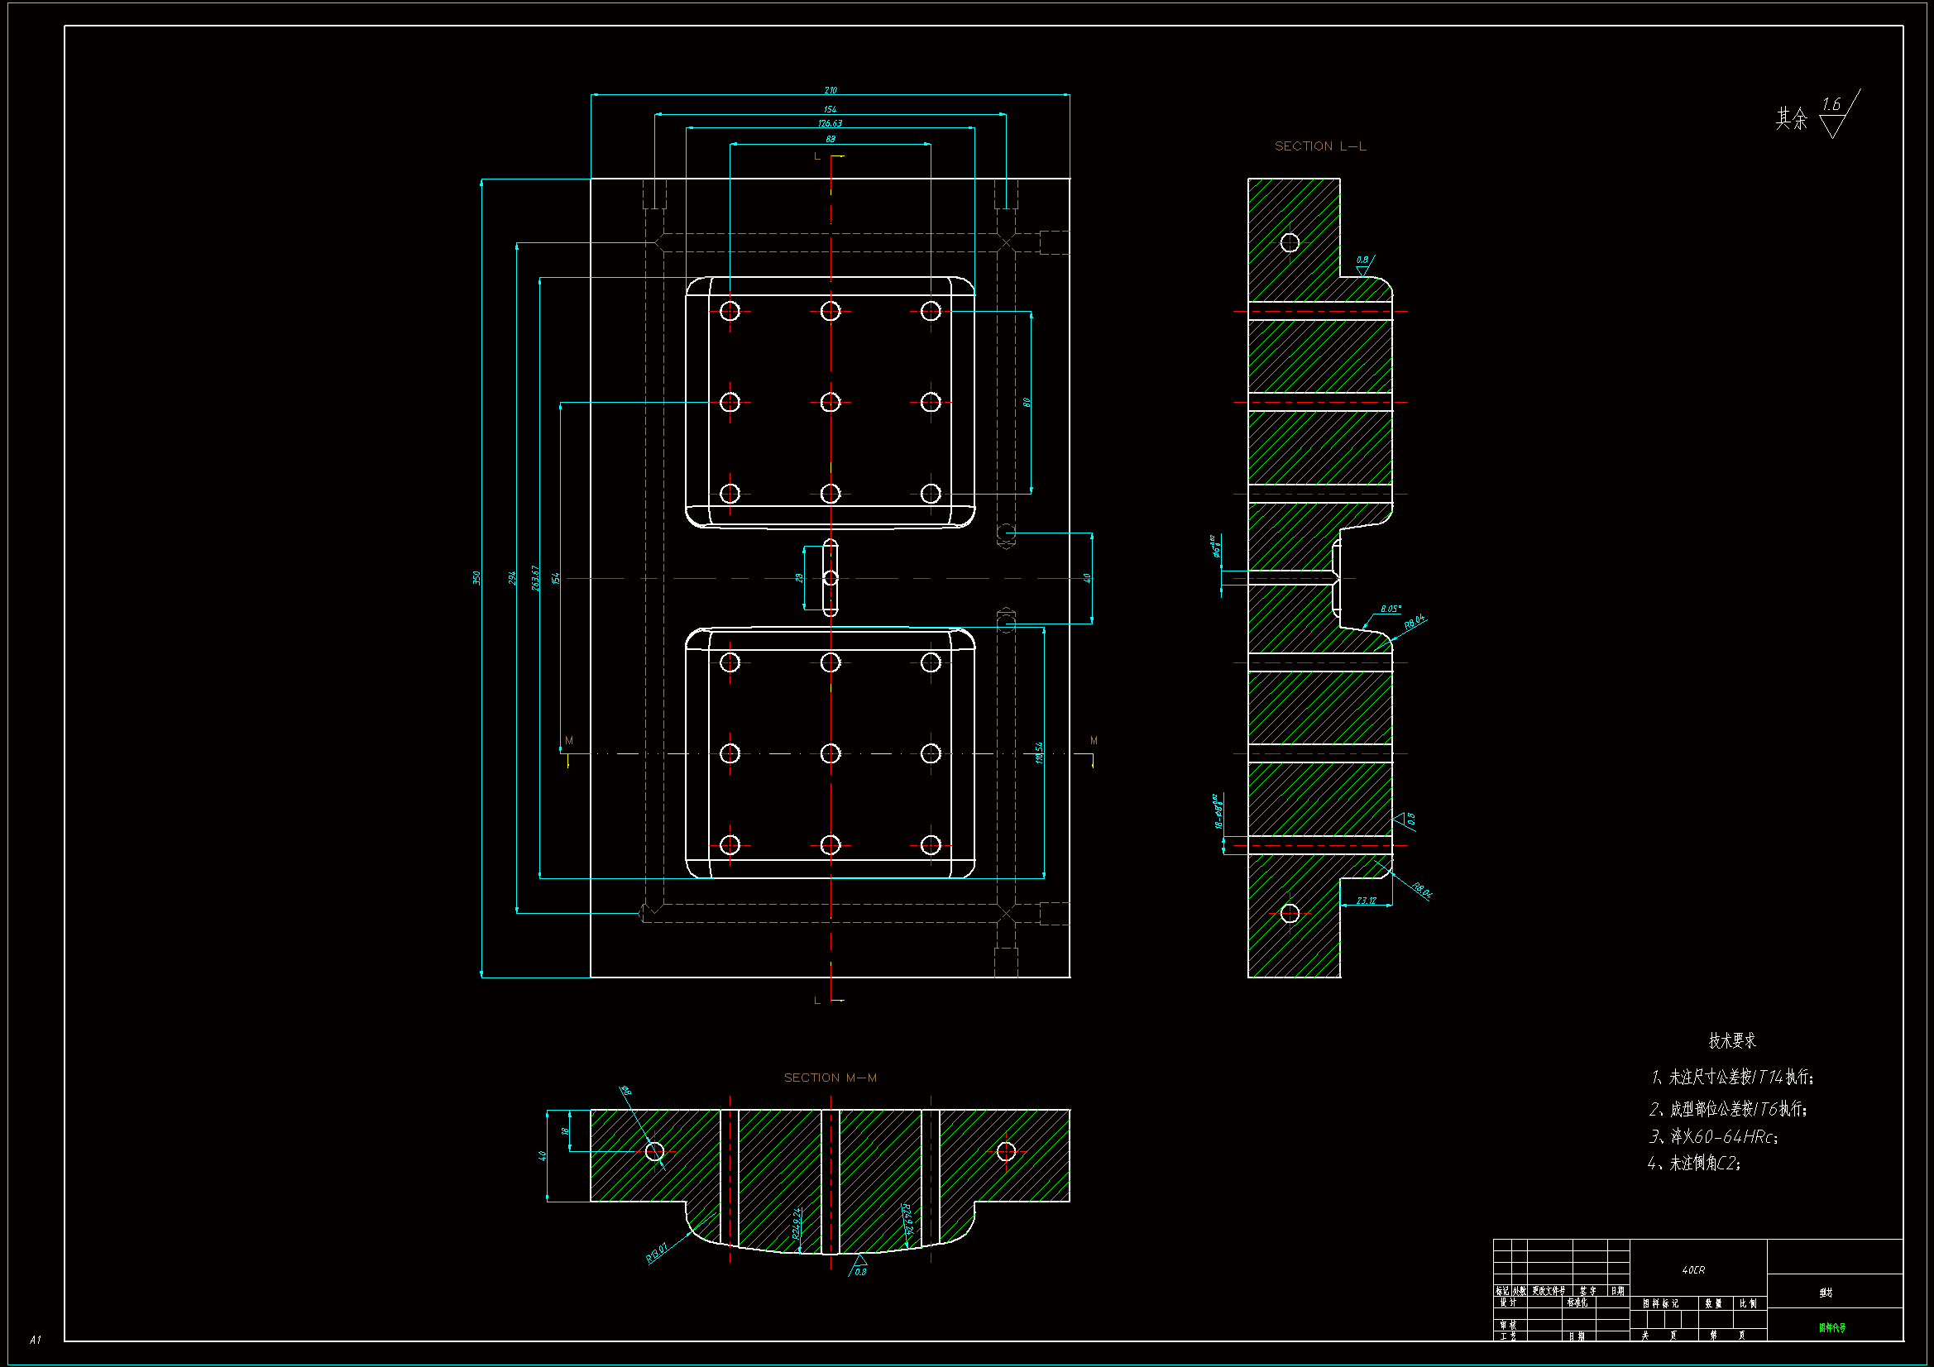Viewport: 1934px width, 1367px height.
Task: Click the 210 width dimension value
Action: pos(831,90)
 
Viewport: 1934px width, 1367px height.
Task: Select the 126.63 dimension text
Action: pos(830,123)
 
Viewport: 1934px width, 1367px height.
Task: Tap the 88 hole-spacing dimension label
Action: pos(831,139)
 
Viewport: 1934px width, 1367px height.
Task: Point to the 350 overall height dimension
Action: pos(476,578)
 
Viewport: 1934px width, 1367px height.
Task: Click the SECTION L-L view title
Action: pos(1320,146)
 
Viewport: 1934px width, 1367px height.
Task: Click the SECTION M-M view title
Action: pos(830,1078)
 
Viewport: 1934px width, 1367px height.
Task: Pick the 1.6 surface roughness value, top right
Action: pos(1831,105)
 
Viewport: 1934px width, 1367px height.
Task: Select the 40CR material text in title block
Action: pos(1693,1270)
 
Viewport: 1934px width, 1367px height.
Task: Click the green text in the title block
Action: pos(1831,1328)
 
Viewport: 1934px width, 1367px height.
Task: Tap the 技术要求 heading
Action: pos(1732,1041)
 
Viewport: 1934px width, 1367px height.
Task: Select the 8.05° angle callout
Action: pos(1391,609)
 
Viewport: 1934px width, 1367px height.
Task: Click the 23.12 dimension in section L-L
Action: pos(1367,901)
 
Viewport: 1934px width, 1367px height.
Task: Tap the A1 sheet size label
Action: pos(36,1339)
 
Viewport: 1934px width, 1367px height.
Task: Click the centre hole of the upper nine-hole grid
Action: pos(831,403)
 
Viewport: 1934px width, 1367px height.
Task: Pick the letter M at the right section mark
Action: pos(1094,741)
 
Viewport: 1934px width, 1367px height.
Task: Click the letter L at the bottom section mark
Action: pos(817,1001)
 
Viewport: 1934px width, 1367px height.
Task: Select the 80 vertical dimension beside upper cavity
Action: pos(1027,402)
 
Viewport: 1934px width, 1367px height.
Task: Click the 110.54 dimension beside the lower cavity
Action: pos(1040,753)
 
